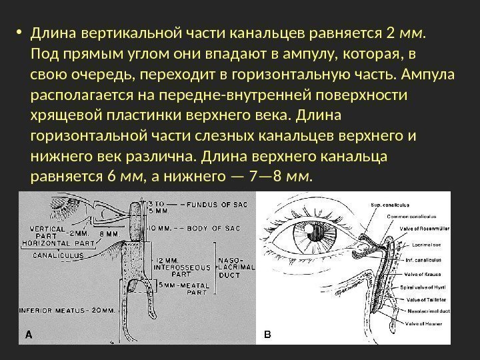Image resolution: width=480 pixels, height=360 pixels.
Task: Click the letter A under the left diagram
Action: [x=29, y=335]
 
